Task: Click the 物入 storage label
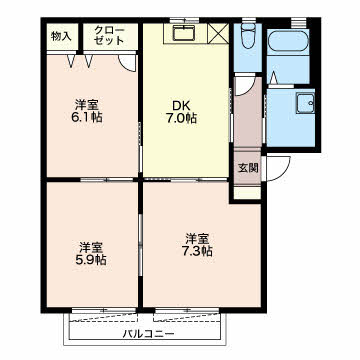[x=61, y=36]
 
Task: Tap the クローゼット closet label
[x=109, y=36]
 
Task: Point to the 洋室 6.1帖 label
[x=88, y=111]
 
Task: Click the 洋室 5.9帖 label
[x=92, y=254]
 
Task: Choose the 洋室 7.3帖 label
[x=199, y=245]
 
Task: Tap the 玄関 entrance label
[x=248, y=168]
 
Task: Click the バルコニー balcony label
[x=148, y=333]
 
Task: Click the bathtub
[x=288, y=41]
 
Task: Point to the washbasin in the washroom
[x=305, y=103]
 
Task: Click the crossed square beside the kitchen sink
[x=218, y=34]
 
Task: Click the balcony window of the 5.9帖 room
[x=104, y=310]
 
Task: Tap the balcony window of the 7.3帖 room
[x=187, y=310]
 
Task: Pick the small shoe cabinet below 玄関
[x=247, y=193]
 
